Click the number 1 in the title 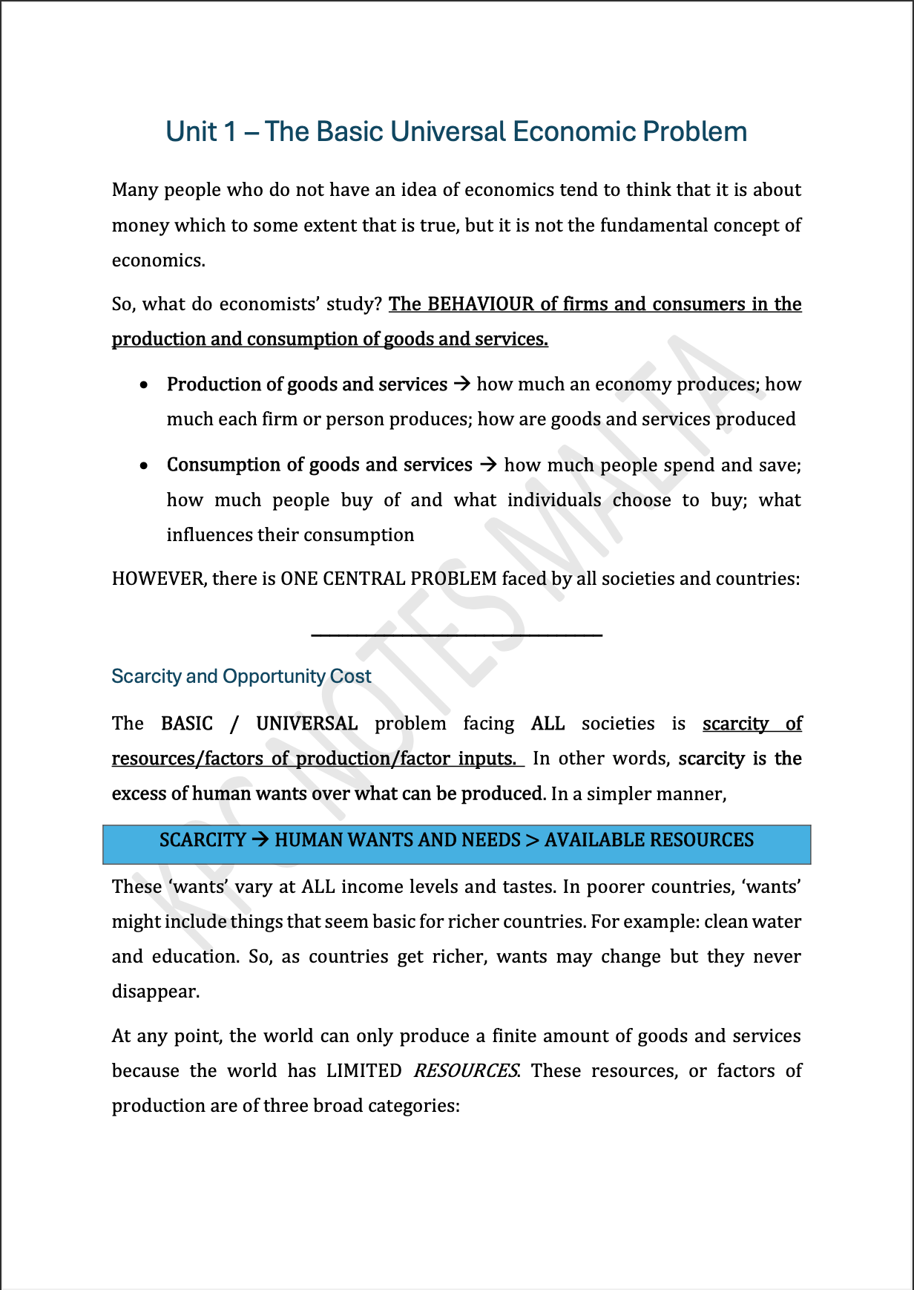pos(229,131)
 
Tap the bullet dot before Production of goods pos(144,384)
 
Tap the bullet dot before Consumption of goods pos(144,465)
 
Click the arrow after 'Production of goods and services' pos(461,384)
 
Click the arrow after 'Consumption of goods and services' pos(487,465)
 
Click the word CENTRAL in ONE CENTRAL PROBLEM pos(364,578)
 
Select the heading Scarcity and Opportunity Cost pos(241,676)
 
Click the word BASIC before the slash pos(187,723)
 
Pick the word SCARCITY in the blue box pos(202,839)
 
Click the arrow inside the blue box pos(260,839)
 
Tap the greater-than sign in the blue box pos(532,840)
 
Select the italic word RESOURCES pos(465,1070)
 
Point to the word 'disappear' pos(155,992)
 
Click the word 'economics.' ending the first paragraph pos(158,261)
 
